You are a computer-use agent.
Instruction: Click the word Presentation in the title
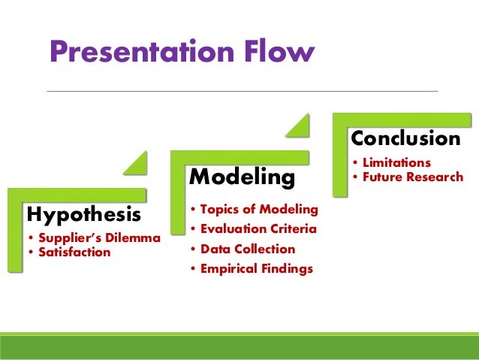pos(144,52)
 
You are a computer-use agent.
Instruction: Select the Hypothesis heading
pos(83,215)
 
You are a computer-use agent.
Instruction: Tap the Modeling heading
pos(242,177)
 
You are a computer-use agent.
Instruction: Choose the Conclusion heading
pos(405,139)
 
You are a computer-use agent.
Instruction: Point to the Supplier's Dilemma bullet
pos(93,239)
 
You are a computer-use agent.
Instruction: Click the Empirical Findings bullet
pos(252,268)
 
